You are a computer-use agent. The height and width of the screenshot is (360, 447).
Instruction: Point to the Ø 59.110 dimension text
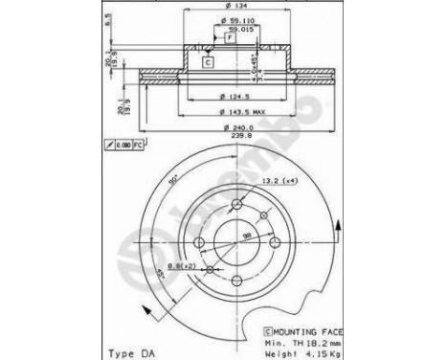(235, 22)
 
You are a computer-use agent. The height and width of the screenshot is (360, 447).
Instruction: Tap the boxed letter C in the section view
(207, 61)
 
